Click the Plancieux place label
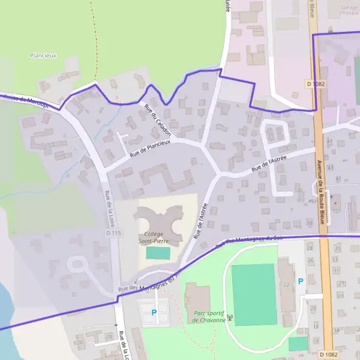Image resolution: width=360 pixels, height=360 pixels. pyautogui.click(x=43, y=55)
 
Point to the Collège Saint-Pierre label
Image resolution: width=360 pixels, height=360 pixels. pyautogui.click(x=154, y=238)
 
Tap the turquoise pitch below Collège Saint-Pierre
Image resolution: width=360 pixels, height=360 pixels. pyautogui.click(x=158, y=253)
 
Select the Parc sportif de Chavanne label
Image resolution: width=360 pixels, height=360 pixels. pyautogui.click(x=209, y=317)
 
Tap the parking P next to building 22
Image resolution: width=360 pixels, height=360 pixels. pyautogui.click(x=301, y=281)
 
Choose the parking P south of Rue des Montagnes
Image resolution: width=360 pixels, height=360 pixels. pyautogui.click(x=154, y=312)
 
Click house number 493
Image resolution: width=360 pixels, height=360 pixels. pyautogui.click(x=311, y=201)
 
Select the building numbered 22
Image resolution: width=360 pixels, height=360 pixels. pyautogui.click(x=286, y=284)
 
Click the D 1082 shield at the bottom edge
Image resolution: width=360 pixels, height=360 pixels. pyautogui.click(x=326, y=354)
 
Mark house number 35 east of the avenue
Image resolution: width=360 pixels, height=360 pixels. pyautogui.click(x=337, y=248)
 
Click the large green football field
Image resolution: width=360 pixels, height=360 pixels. pyautogui.click(x=254, y=295)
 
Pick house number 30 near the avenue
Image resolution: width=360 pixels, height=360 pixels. pyautogui.click(x=310, y=223)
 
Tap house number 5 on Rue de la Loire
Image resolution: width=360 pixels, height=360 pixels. pyautogui.click(x=139, y=347)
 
